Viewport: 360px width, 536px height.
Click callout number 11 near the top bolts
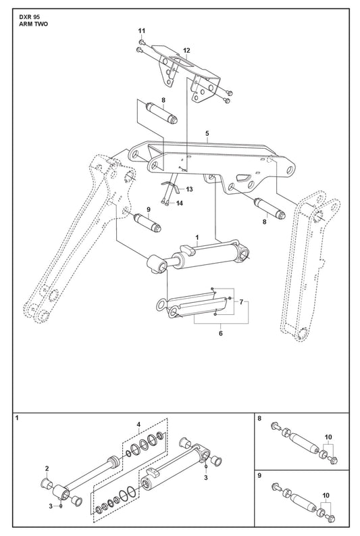click(x=142, y=31)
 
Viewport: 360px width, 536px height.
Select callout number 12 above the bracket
click(x=186, y=51)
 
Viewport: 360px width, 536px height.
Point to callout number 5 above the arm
click(x=207, y=133)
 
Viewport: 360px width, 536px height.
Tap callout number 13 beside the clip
click(x=189, y=189)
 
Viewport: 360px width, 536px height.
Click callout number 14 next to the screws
click(x=179, y=203)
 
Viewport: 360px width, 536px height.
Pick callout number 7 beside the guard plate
click(x=241, y=302)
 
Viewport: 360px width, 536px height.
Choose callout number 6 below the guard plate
click(x=221, y=333)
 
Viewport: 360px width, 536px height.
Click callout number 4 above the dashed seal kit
click(x=138, y=424)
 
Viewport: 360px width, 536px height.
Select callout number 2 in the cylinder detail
click(x=47, y=468)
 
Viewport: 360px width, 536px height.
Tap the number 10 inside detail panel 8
click(x=328, y=437)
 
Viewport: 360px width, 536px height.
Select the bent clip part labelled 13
click(x=172, y=187)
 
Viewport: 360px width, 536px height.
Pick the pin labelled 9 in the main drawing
click(x=147, y=222)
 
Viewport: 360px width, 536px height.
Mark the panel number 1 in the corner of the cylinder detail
click(x=17, y=418)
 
